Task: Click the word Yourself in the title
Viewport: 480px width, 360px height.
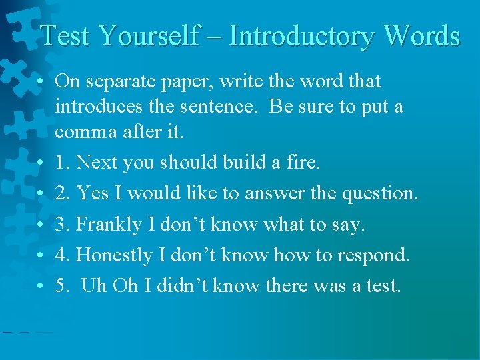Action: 147,35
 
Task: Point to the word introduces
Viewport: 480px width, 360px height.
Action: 93,107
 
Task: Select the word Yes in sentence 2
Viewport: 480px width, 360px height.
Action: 92,194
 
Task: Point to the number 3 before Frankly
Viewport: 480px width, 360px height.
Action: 61,225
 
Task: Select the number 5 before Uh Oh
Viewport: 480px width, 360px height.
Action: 61,287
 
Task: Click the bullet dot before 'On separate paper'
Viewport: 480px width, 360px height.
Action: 41,82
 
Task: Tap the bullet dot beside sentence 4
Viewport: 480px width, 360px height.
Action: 41,255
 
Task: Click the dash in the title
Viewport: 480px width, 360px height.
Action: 215,37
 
